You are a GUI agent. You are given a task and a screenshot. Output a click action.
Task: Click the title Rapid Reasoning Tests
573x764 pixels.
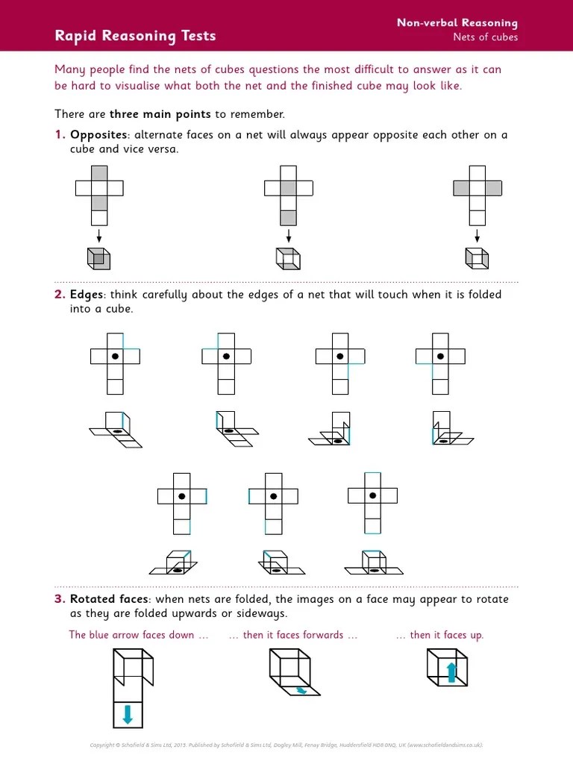click(135, 36)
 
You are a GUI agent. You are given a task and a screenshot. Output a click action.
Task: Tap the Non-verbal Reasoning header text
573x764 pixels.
click(457, 24)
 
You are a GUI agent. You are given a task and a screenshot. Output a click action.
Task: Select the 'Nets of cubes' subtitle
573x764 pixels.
click(485, 38)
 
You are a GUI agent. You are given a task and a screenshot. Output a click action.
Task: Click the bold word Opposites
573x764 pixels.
click(98, 135)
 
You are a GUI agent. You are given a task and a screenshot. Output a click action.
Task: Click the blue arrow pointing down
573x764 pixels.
click(127, 715)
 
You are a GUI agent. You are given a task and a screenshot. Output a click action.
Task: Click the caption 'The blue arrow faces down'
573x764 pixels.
click(131, 635)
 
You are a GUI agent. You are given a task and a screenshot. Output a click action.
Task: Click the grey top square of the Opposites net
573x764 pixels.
click(99, 173)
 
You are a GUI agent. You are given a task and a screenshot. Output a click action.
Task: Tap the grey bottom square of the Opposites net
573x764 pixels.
click(289, 218)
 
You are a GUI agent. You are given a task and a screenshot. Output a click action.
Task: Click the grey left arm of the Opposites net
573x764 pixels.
click(462, 188)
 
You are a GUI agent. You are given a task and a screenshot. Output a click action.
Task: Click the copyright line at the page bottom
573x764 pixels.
click(286, 744)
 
